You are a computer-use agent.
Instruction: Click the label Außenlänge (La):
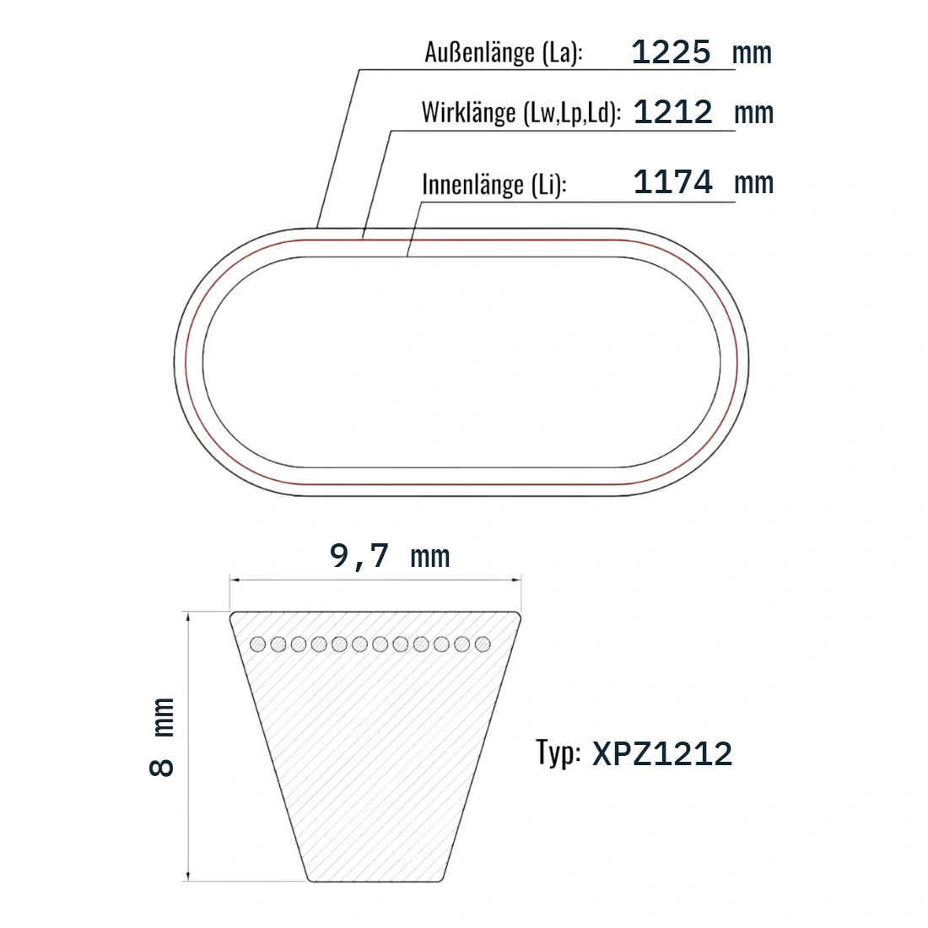click(x=504, y=52)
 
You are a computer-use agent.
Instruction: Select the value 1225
click(x=671, y=52)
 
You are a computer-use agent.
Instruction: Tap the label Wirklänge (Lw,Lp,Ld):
click(x=521, y=112)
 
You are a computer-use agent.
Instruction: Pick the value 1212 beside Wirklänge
click(x=673, y=112)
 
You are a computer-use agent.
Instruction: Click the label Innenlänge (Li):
click(x=494, y=184)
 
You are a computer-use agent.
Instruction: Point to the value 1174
click(x=673, y=181)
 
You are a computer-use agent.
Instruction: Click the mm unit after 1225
click(x=752, y=55)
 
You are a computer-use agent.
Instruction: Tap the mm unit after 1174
click(x=753, y=184)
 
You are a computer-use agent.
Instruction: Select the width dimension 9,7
click(x=359, y=557)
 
